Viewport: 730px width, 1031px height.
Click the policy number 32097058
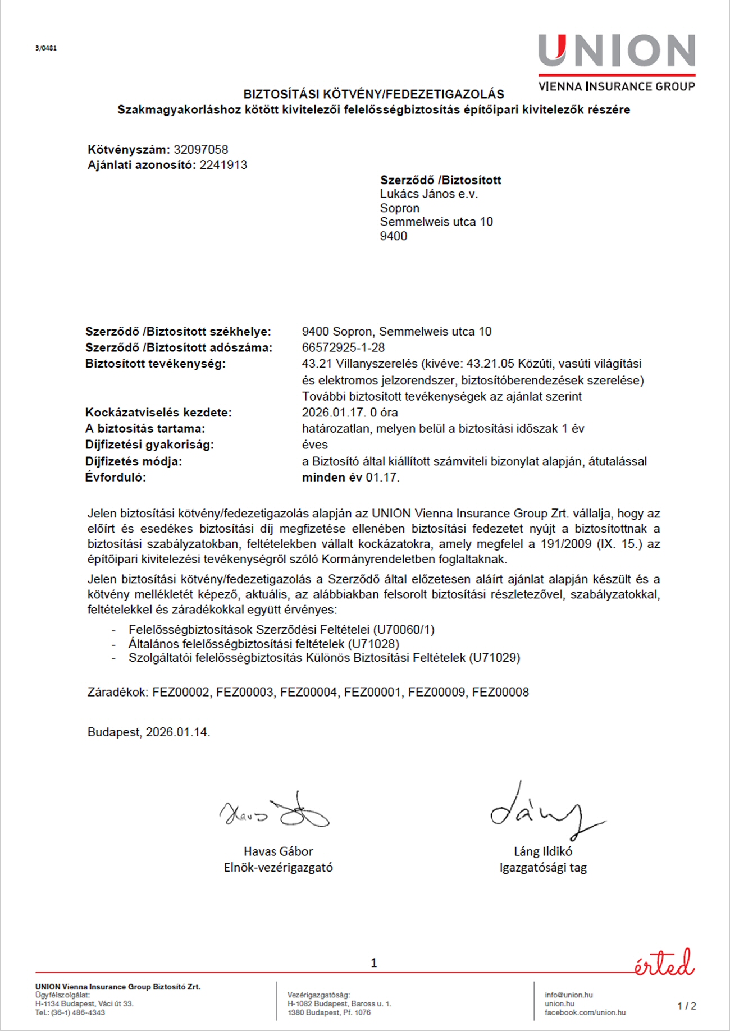tap(200, 150)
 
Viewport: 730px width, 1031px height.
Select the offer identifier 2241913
tap(223, 165)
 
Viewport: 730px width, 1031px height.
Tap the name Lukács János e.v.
tap(428, 194)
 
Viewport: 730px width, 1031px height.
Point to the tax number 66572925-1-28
tap(343, 347)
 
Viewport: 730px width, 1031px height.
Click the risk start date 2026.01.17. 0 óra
tap(349, 413)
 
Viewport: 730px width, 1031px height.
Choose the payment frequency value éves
tap(314, 445)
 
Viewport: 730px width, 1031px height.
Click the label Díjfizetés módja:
tap(134, 461)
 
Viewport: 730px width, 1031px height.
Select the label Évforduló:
tap(116, 478)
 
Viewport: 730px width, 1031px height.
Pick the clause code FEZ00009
tap(436, 692)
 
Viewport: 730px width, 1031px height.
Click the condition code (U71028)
tap(373, 644)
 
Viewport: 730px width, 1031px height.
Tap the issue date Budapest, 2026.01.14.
tap(149, 732)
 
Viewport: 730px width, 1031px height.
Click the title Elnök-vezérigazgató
tap(278, 867)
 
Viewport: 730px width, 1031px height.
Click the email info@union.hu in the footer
tap(568, 995)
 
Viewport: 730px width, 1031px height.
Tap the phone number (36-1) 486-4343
tap(77, 1012)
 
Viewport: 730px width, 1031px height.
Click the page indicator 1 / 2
tap(686, 1006)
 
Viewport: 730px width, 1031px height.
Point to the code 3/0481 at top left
tap(46, 48)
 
